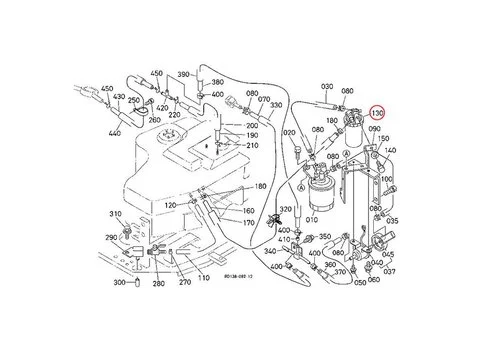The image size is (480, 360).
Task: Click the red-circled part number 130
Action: (377, 115)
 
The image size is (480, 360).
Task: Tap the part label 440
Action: (114, 133)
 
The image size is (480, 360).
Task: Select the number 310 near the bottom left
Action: (116, 214)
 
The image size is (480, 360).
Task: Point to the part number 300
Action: (119, 283)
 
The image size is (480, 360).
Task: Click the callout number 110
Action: (203, 278)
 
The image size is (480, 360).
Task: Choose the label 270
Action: (185, 283)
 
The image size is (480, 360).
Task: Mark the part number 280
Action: (158, 283)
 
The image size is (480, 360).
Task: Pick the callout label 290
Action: (110, 237)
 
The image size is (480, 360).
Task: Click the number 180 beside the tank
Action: (260, 187)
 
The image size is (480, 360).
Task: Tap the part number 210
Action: (252, 146)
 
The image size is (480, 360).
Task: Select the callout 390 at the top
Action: (183, 74)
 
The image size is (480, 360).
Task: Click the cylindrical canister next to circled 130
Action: (355, 140)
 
